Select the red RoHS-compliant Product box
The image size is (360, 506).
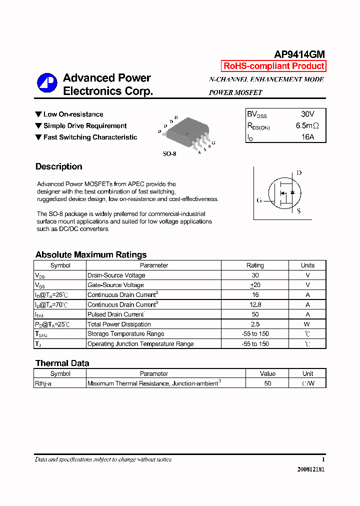click(273, 66)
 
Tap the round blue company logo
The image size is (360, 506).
click(47, 83)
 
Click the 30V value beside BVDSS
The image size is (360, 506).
click(308, 114)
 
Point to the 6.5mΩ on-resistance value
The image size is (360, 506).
click(307, 126)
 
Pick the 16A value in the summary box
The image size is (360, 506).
click(308, 136)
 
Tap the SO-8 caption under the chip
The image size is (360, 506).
click(169, 154)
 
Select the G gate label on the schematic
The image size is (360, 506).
click(259, 200)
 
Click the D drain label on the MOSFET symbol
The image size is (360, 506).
click(299, 173)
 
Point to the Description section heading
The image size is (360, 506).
click(59, 166)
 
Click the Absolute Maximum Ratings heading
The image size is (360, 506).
click(91, 254)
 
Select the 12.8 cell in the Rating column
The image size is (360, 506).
click(255, 304)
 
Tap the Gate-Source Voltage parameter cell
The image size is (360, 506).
click(116, 285)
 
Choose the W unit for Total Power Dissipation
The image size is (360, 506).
click(307, 324)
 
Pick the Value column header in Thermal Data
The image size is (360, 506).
click(267, 373)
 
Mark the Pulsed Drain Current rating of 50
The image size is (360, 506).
click(255, 314)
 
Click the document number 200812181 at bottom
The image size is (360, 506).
click(310, 469)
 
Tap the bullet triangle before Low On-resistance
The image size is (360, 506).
click(38, 114)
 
